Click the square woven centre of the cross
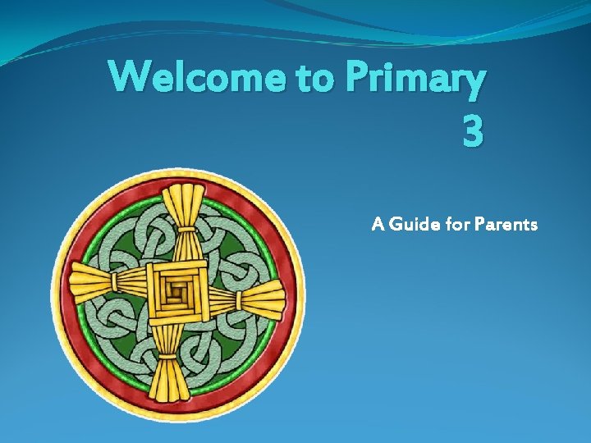click(x=176, y=289)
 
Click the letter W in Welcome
click(x=131, y=78)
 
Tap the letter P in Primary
click(x=359, y=78)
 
